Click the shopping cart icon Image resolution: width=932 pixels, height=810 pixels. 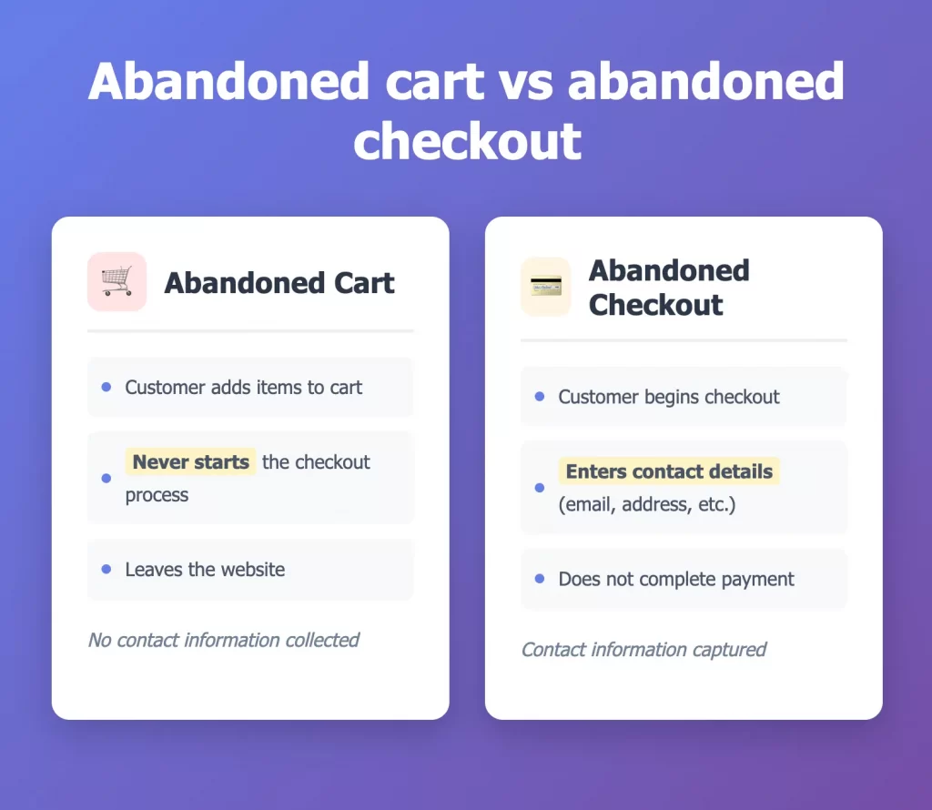point(116,281)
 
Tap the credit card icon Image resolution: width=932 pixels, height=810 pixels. point(546,287)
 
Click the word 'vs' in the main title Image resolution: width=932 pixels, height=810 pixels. point(525,82)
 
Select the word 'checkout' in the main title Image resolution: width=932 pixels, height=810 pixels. point(467,141)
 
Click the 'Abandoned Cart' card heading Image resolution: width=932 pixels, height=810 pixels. point(279,282)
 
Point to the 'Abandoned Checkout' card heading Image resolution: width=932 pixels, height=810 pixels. point(669,288)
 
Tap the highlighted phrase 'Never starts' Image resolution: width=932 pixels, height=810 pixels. point(190,461)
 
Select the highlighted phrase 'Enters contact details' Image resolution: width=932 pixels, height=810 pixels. point(669,471)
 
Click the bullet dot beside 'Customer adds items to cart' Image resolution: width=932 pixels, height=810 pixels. point(106,387)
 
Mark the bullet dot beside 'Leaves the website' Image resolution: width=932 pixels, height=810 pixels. point(106,569)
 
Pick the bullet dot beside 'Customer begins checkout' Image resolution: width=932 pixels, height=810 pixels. point(540,397)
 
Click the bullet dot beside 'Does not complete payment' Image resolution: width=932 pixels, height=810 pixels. point(540,578)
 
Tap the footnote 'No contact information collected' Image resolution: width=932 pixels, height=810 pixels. point(224,640)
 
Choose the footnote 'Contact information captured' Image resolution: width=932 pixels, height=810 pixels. point(643,650)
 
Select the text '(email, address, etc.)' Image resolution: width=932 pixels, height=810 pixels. point(647,504)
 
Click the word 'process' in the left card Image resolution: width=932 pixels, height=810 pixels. point(157,496)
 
